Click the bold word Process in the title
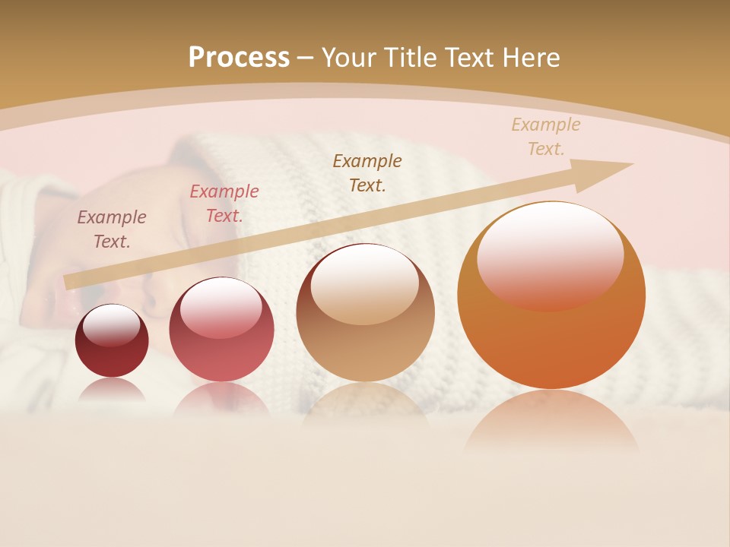[x=239, y=57]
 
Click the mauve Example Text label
[x=112, y=229]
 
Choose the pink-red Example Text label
[x=224, y=204]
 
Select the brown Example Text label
[x=367, y=172]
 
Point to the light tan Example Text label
[x=546, y=136]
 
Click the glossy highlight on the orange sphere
[x=550, y=255]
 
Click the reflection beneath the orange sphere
[x=551, y=422]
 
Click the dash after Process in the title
[x=306, y=58]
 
